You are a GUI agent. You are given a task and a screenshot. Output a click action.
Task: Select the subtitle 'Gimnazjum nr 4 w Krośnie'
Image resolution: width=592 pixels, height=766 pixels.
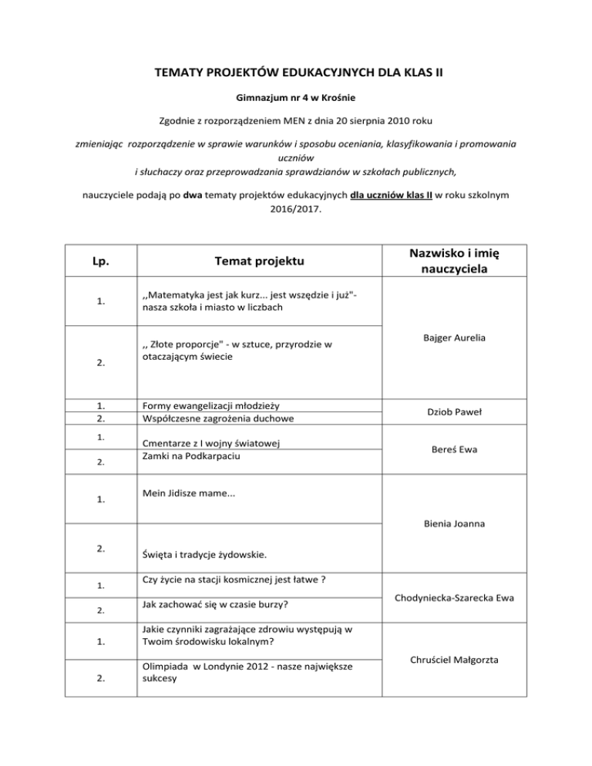pos(295,99)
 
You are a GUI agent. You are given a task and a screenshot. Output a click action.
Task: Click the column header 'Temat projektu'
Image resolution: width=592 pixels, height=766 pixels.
pos(259,262)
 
